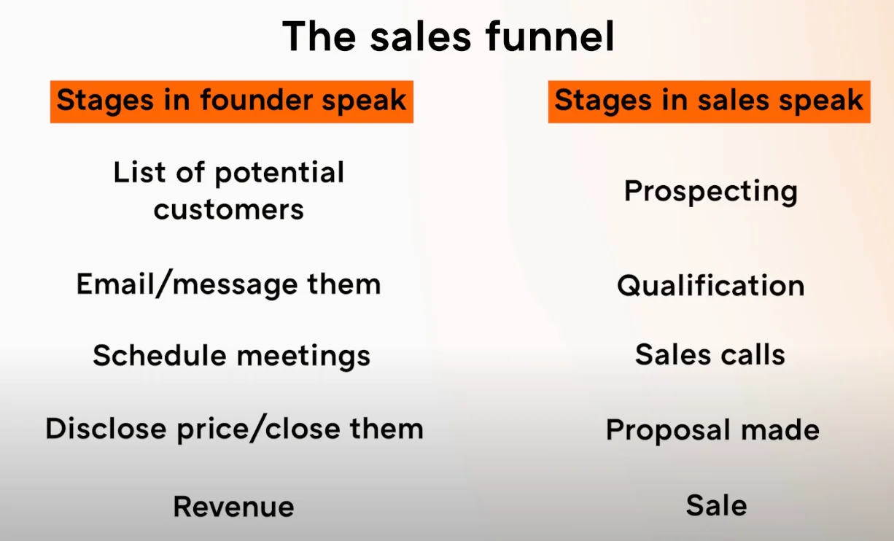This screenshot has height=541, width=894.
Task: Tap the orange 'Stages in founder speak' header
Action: pos(232,101)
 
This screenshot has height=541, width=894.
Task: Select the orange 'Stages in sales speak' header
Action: pos(709,101)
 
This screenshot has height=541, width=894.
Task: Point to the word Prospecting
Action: pos(710,192)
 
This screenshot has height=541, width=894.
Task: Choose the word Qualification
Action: pos(710,285)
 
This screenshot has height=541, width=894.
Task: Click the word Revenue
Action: pos(233,506)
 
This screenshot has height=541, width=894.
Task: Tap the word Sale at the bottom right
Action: pos(716,505)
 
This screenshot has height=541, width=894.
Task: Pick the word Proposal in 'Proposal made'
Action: pos(662,431)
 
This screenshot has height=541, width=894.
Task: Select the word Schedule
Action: pos(160,356)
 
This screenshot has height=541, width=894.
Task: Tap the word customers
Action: pos(228,210)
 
